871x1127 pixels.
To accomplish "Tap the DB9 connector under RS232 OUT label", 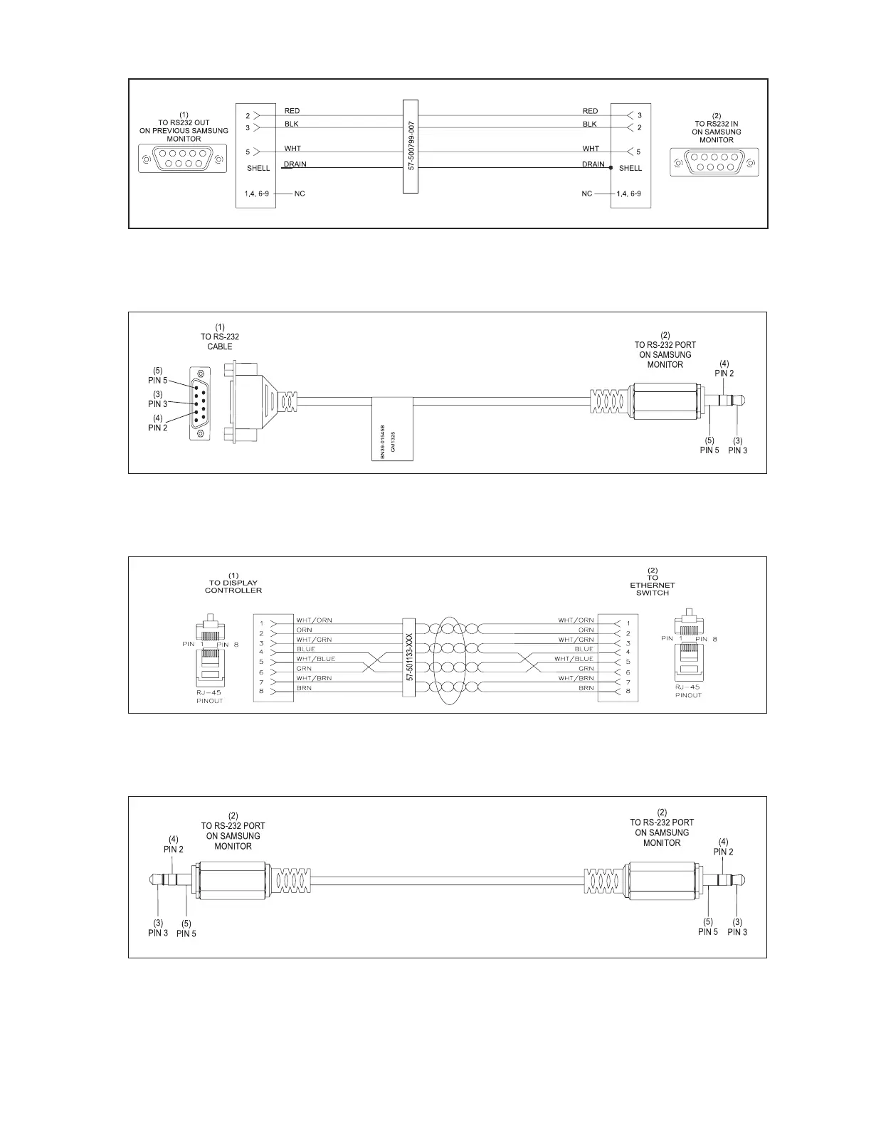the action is (183, 158).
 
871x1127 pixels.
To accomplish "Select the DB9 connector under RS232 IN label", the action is (714, 162).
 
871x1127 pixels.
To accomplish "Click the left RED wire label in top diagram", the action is (292, 111).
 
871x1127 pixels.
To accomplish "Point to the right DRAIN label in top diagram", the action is (593, 164).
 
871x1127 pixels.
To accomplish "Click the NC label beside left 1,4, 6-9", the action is (300, 194).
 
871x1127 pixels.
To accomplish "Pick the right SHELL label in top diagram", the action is (630, 169).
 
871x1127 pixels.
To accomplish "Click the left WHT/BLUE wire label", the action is (316, 659).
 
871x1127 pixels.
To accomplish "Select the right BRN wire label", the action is (586, 688).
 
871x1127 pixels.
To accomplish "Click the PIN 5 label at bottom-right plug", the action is (708, 931).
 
